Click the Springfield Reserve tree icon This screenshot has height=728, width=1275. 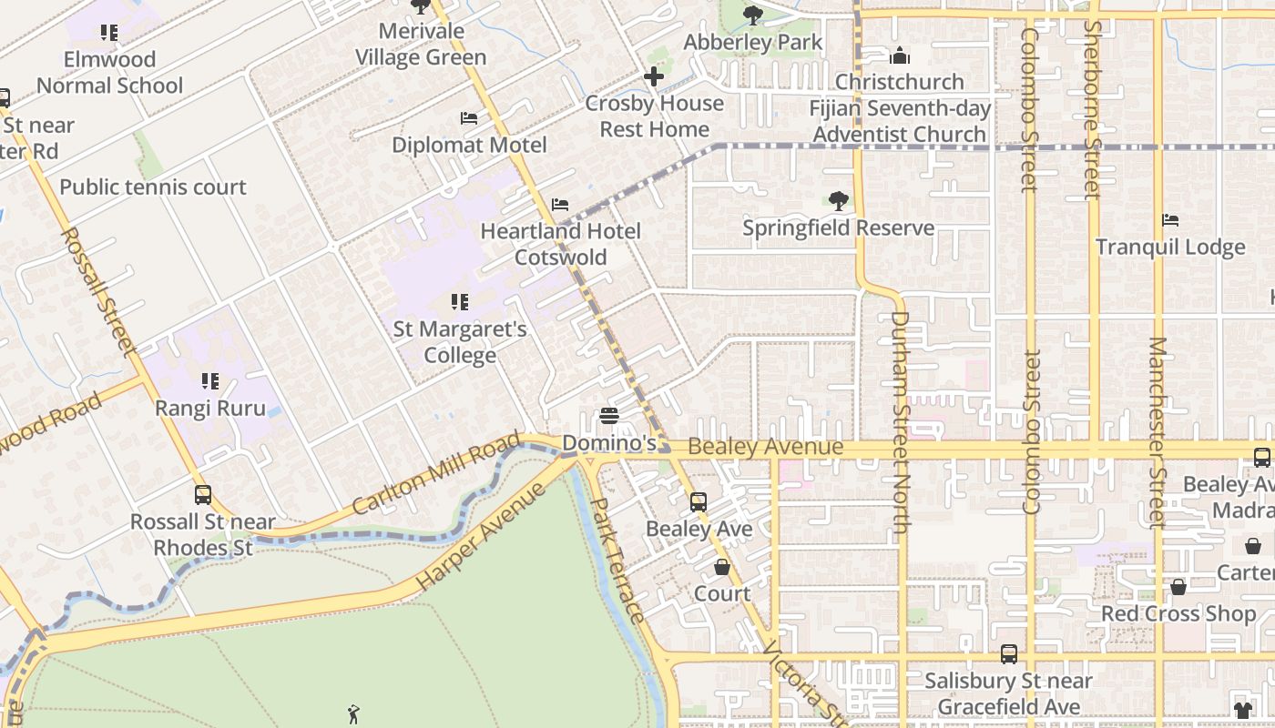tap(838, 200)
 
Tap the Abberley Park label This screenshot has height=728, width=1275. tap(752, 42)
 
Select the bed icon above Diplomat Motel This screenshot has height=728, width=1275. tap(469, 118)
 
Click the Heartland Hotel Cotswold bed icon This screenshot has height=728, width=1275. tap(560, 205)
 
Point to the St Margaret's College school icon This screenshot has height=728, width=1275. tap(460, 301)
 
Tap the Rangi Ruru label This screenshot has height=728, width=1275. tap(210, 408)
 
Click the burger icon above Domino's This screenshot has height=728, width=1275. tap(609, 416)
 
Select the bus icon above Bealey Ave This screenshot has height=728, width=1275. tap(699, 501)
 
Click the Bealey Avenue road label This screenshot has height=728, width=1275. tap(766, 447)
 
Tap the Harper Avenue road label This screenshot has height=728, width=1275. tap(480, 537)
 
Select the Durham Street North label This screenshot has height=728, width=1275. tap(900, 423)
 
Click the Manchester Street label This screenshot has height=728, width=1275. tap(1157, 432)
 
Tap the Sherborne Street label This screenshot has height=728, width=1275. tap(1093, 109)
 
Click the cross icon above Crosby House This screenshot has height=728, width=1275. tap(653, 76)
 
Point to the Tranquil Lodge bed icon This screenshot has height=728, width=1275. tap(1170, 220)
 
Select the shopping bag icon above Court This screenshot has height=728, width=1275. tap(722, 567)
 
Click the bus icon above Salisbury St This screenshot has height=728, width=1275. tap(1008, 653)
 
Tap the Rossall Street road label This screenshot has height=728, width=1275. tap(97, 291)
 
